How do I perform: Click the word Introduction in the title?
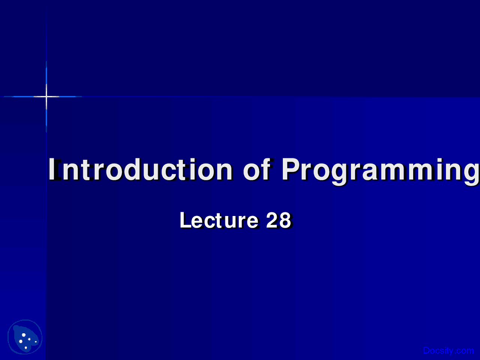pos(140,169)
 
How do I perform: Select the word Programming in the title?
pos(381,171)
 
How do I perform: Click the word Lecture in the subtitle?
pos(219,220)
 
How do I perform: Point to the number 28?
pos(279,220)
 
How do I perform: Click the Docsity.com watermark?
pos(448,351)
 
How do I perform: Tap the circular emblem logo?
pos(25,337)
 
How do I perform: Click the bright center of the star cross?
pos(46,96)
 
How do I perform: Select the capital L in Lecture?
pos(186,220)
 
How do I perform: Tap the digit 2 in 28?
pos(272,220)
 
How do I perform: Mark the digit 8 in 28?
pos(285,220)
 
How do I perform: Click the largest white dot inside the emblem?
pos(24,335)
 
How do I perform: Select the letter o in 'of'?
pos(252,172)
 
